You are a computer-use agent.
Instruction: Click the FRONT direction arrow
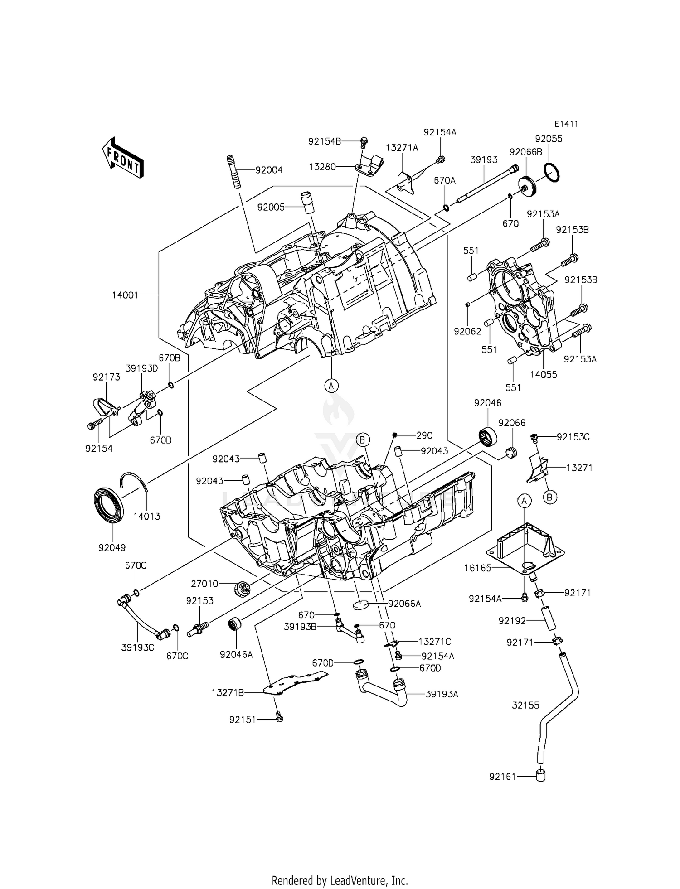tap(122, 158)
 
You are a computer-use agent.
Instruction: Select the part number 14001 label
tap(125, 295)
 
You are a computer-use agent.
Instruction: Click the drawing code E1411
tap(566, 124)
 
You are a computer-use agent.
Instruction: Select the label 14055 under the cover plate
tap(544, 375)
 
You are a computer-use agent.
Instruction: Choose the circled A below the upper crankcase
tap(331, 386)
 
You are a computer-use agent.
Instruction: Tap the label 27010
tap(204, 584)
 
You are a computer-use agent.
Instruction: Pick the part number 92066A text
tap(404, 604)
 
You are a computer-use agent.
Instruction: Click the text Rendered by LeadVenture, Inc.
tap(340, 880)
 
